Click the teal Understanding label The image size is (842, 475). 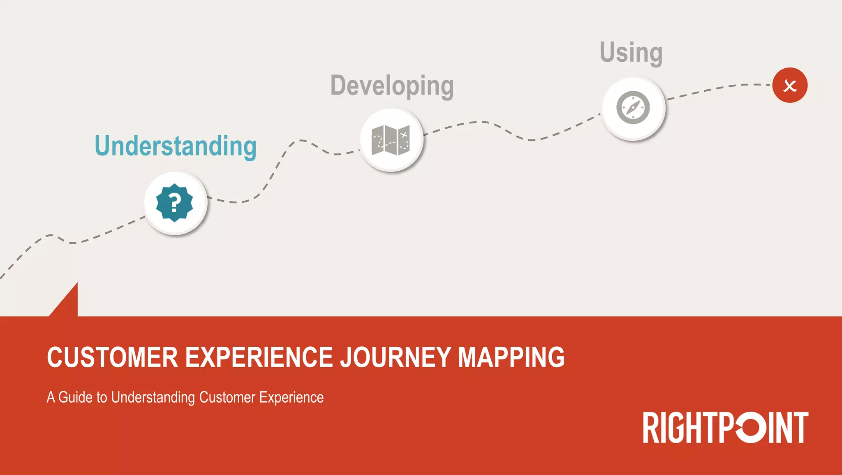[x=176, y=146]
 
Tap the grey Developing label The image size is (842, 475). [x=392, y=86]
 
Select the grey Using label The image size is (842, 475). [x=631, y=53]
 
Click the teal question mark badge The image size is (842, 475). [x=175, y=203]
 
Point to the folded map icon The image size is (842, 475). [x=391, y=140]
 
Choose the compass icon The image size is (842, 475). [x=633, y=108]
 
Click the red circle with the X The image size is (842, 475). [x=790, y=85]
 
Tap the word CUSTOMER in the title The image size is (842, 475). [x=112, y=357]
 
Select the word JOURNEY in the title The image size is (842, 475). [x=396, y=357]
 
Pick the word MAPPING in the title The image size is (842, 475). [x=511, y=357]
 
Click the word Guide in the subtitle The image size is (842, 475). [x=75, y=397]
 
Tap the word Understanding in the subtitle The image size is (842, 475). [x=153, y=397]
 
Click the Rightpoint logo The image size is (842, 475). [x=726, y=428]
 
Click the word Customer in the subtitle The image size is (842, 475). [x=227, y=397]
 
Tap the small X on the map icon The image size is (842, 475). [x=404, y=134]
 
